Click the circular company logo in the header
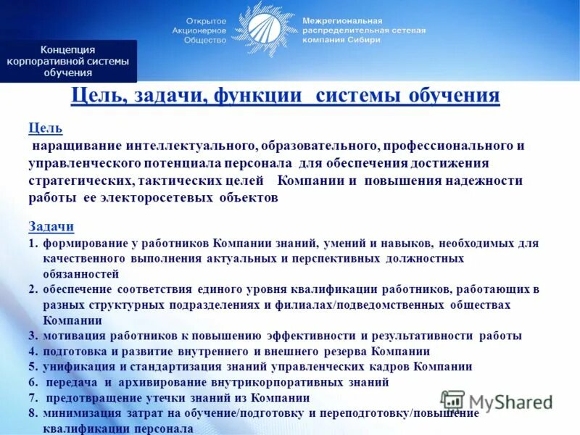pos(265,30)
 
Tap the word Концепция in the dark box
pos(68,49)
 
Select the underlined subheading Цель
pos(45,129)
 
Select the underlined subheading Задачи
pos(51,226)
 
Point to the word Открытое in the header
pos(207,21)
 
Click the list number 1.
pos(33,243)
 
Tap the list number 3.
pos(33,336)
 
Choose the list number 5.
pos(33,367)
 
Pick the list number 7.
pos(33,398)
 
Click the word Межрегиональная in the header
pos(341,21)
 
